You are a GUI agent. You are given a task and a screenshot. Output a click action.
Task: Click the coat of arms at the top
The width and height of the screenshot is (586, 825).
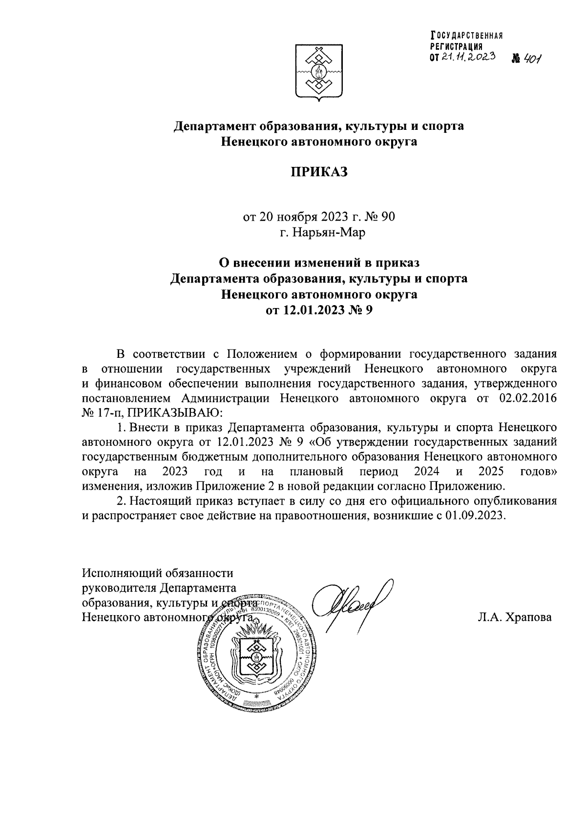pos(320,72)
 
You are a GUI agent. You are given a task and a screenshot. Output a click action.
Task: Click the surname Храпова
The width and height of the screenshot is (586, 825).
pos(515,618)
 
